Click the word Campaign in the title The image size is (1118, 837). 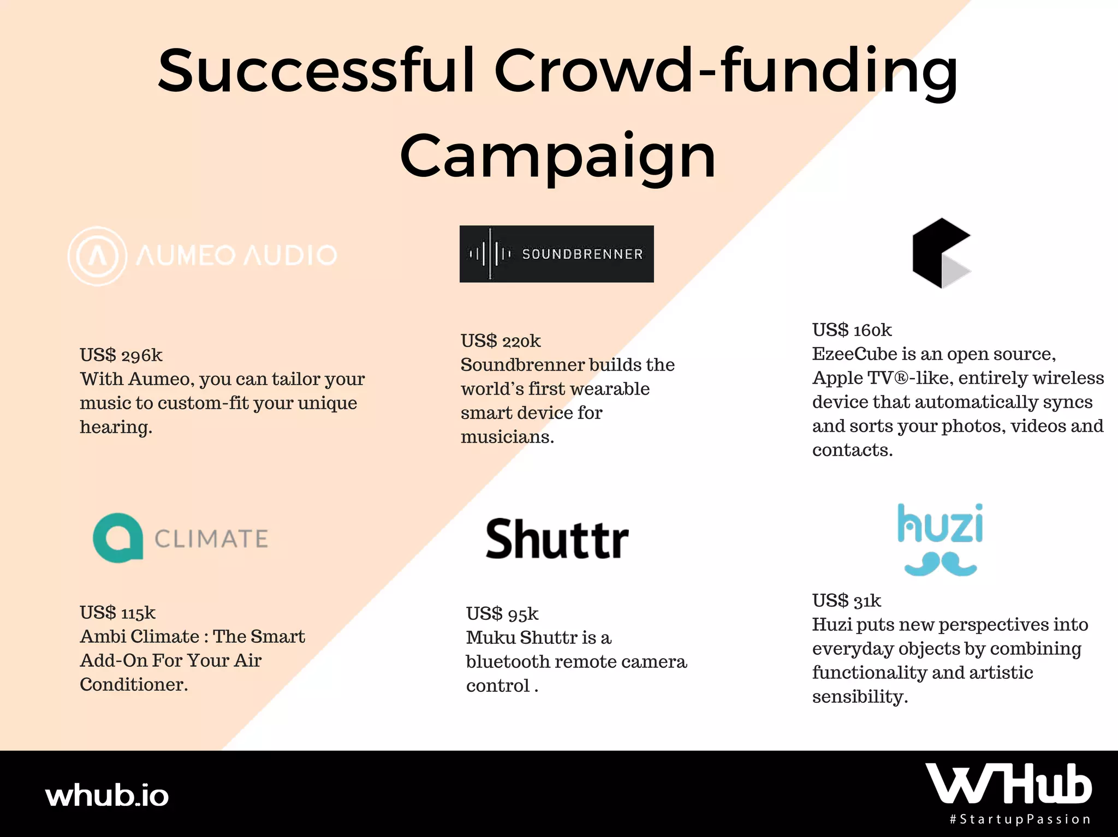557,157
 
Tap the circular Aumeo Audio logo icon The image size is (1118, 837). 97,256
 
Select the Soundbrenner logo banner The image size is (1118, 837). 556,254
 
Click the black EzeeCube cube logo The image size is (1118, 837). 941,253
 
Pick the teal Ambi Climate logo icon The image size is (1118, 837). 118,538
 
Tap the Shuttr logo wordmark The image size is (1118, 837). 557,539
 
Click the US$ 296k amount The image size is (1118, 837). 121,355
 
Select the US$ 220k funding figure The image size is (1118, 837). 501,341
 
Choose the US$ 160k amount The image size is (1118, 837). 852,330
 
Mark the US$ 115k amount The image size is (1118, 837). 117,613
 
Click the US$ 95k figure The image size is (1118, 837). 502,614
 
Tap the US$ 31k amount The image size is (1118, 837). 847,601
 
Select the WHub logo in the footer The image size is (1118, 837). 1008,784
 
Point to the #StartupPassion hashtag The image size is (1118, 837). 1020,819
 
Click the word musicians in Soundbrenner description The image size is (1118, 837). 507,437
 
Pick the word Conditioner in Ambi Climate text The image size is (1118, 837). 134,685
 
